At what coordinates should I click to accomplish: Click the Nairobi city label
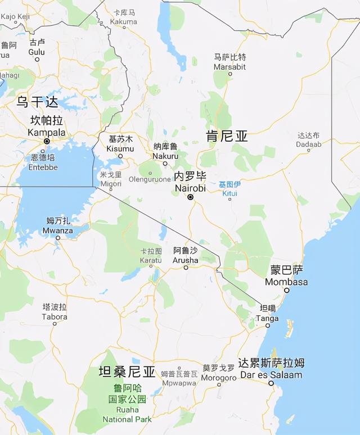(x=190, y=182)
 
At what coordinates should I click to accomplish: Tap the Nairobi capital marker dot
(x=191, y=197)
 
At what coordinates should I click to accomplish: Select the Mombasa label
(x=286, y=276)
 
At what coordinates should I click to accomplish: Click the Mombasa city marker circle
(x=287, y=291)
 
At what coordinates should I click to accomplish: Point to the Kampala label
(x=47, y=127)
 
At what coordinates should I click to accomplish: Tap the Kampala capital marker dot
(x=47, y=141)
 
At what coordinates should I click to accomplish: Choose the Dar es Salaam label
(x=271, y=369)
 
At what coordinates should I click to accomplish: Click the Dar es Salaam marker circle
(x=271, y=383)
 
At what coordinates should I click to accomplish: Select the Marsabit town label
(x=229, y=62)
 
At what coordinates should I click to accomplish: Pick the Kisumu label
(x=121, y=144)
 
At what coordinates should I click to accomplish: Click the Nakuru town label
(x=165, y=152)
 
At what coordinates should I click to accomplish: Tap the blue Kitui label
(x=229, y=189)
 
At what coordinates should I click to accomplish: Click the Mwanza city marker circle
(x=58, y=238)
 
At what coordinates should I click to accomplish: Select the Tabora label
(x=55, y=312)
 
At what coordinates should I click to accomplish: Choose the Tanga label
(x=267, y=313)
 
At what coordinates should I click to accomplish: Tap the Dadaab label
(x=309, y=140)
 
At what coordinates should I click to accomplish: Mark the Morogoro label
(x=219, y=373)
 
